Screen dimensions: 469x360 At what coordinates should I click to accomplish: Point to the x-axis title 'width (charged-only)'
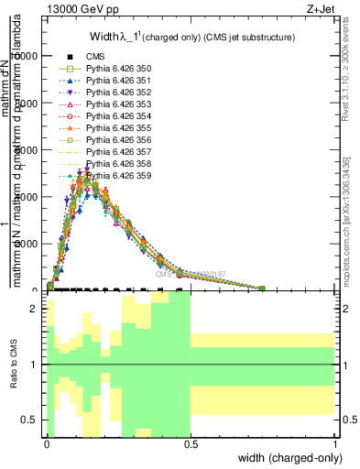[x=286, y=457]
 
